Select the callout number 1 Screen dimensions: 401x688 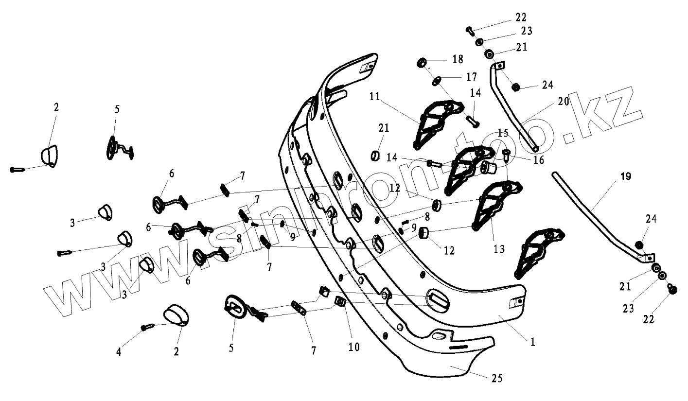tap(532, 342)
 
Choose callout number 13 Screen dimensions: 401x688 tap(499, 249)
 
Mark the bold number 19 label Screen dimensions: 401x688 tap(626, 176)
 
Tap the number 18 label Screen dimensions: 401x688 tap(458, 59)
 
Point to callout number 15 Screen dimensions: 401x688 tap(502, 133)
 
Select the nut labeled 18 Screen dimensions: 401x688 tap(422, 63)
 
